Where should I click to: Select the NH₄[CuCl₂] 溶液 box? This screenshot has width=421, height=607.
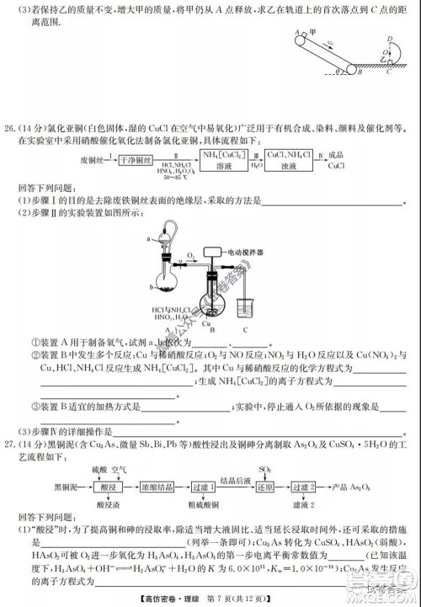click(x=225, y=161)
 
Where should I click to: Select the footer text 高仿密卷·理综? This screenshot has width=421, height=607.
click(x=192, y=598)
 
